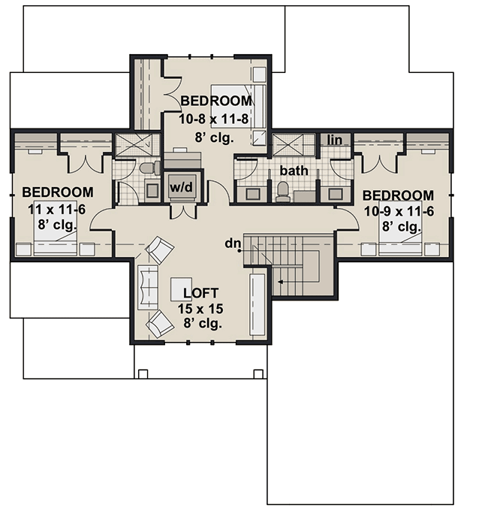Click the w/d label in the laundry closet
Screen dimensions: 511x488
click(x=180, y=186)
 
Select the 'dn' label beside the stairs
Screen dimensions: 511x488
click(x=233, y=243)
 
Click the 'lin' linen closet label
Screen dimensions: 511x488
click(x=333, y=140)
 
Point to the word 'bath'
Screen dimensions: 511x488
click(x=294, y=171)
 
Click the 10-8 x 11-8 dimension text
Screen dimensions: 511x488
click(x=215, y=119)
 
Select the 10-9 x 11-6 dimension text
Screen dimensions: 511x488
click(x=398, y=211)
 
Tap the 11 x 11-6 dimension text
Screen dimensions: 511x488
click(x=57, y=208)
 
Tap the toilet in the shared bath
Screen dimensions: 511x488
click(x=283, y=192)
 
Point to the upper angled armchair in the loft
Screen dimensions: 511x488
click(x=159, y=249)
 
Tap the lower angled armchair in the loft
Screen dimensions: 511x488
click(x=160, y=325)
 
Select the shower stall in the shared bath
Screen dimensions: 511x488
click(x=286, y=144)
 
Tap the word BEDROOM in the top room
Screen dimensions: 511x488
click(x=216, y=100)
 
